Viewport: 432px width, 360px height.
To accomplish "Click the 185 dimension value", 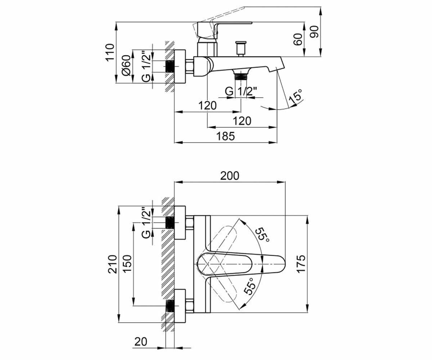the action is click(225, 136).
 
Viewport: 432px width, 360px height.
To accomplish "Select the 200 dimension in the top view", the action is click(230, 176).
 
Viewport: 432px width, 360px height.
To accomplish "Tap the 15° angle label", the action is click(296, 97).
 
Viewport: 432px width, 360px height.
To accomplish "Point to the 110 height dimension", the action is click(110, 52).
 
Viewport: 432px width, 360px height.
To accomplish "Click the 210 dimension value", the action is click(113, 264).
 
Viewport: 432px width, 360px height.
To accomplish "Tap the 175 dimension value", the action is click(301, 264).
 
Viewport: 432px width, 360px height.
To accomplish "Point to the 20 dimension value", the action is click(141, 342).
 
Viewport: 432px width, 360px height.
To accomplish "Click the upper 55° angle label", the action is click(262, 235).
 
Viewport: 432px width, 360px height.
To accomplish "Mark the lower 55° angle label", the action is click(249, 286).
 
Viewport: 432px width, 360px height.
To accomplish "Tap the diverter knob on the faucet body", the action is click(241, 49).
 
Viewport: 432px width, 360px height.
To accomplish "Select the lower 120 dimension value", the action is click(242, 121).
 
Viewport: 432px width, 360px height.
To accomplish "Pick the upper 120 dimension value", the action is click(207, 105).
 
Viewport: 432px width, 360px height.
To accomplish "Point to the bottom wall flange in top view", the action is click(180, 306).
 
